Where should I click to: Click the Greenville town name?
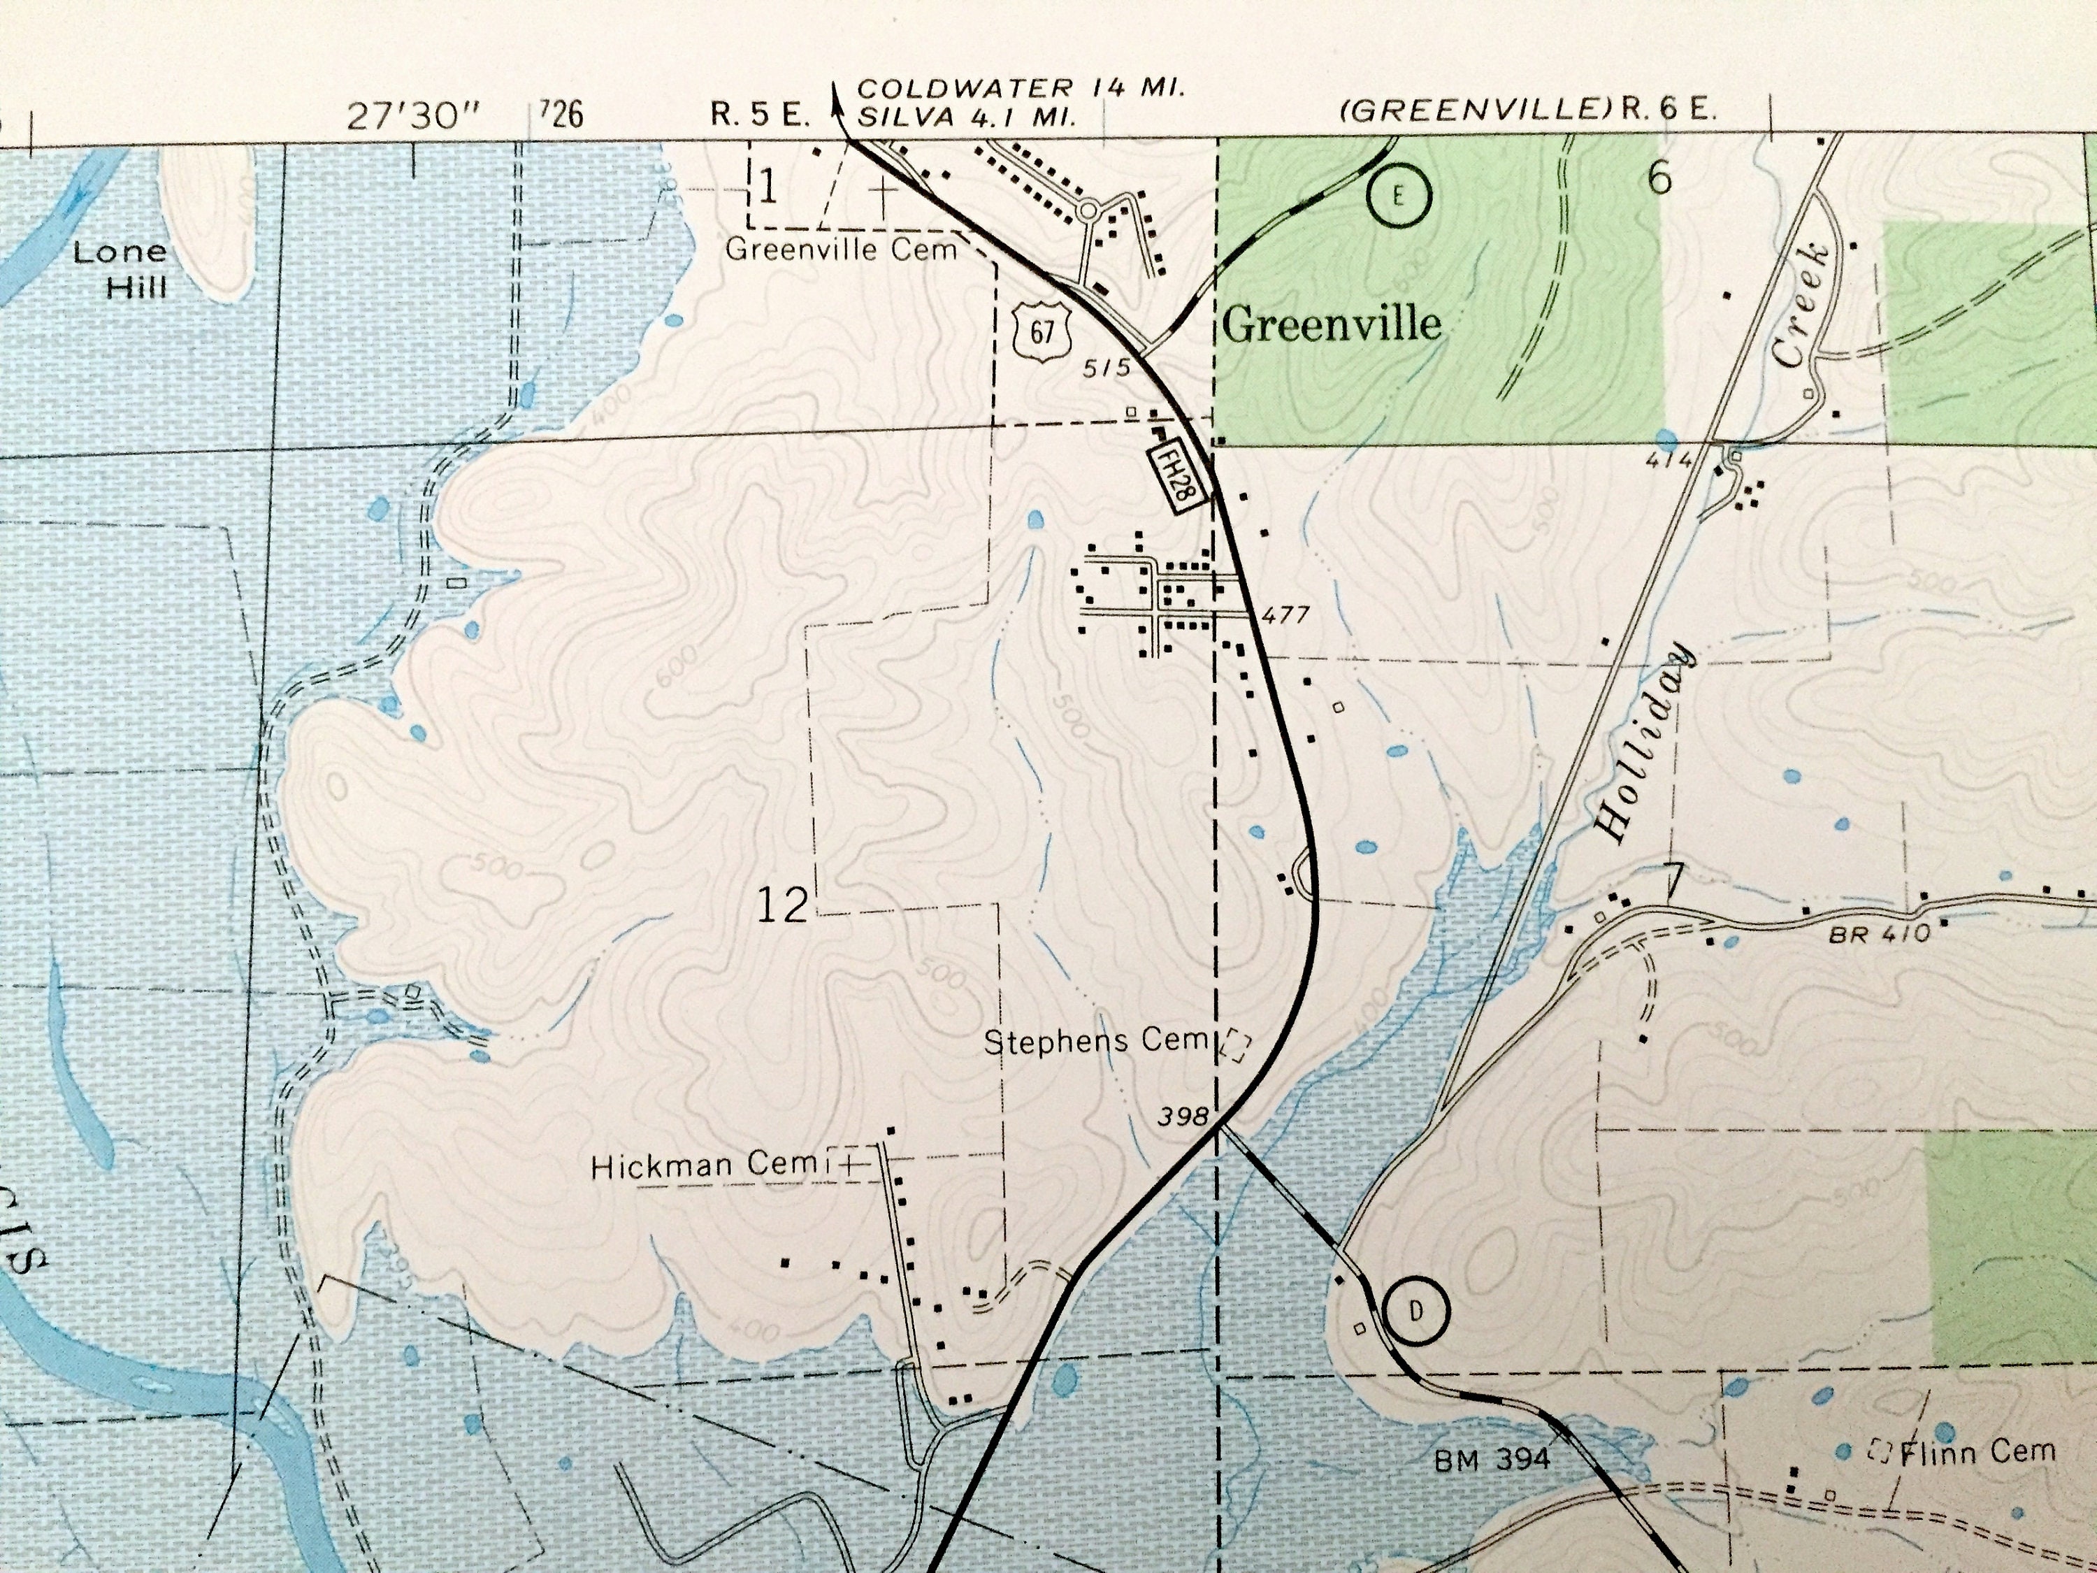(1331, 325)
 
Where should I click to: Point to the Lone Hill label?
(120, 268)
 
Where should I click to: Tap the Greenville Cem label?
(841, 250)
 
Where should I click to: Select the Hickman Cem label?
(703, 1165)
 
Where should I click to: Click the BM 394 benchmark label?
(1492, 1459)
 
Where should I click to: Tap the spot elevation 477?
(1285, 615)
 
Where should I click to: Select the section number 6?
(1658, 178)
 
